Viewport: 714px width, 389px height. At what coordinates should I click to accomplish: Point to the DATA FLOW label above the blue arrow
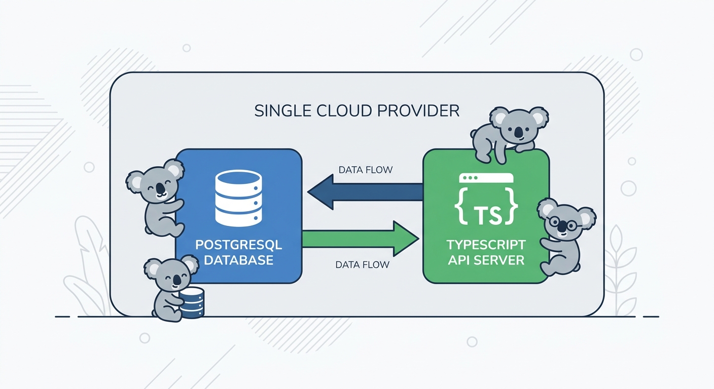point(365,170)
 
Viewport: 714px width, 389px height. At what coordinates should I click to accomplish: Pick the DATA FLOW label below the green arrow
point(363,264)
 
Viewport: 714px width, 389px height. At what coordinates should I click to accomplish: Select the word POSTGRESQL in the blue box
point(238,246)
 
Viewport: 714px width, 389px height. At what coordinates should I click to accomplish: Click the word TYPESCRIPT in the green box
point(486,245)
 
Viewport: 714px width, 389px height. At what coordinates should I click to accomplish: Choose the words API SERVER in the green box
point(486,260)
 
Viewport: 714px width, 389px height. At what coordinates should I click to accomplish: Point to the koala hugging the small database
point(170,289)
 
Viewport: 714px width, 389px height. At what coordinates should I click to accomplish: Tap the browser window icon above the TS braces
point(486,178)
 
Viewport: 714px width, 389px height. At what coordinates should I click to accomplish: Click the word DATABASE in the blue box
point(238,261)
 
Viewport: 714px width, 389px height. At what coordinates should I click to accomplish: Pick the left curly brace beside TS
point(462,208)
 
